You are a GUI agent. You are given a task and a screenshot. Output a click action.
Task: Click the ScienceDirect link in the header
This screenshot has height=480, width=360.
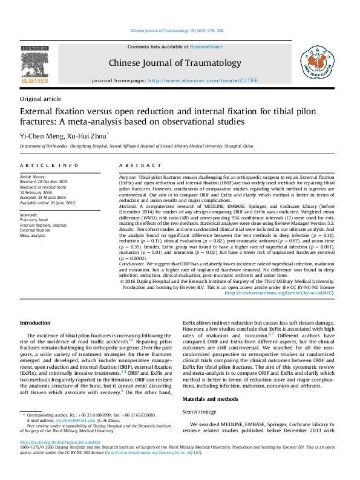(206, 47)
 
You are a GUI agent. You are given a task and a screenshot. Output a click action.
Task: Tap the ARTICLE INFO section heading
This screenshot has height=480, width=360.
(49, 165)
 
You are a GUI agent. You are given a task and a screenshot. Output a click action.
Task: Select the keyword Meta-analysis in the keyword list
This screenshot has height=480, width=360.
(33, 236)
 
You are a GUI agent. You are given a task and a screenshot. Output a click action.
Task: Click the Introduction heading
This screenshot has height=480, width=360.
(35, 323)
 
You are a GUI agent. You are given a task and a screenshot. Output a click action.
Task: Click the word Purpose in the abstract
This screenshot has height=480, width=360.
(128, 177)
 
